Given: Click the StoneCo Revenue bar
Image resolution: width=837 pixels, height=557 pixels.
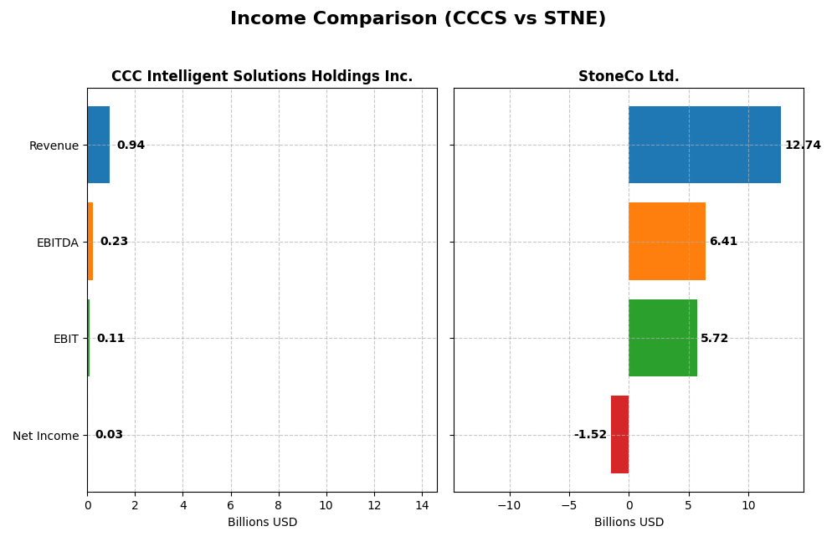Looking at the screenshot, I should coord(704,145).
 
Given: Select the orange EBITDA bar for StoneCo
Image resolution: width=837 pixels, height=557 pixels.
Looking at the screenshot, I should coord(666,241).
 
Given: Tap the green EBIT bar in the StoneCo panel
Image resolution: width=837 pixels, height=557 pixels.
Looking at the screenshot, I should coord(662,338).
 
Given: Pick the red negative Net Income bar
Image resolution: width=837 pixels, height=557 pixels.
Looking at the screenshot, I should coord(619,434).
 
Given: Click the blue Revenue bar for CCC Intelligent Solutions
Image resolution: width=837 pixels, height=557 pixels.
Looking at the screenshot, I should coord(98,145).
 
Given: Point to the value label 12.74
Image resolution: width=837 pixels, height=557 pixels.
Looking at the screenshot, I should coord(803,146).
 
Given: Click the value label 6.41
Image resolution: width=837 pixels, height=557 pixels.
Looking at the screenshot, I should coord(723,242).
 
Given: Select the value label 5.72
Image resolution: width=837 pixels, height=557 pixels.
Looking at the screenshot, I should coord(714,339).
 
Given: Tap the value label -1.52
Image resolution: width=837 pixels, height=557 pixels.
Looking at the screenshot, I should coord(590,435).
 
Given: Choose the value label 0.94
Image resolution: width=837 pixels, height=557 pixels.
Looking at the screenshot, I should coord(131,146).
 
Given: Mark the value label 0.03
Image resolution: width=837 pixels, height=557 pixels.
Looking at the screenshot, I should coord(109,435).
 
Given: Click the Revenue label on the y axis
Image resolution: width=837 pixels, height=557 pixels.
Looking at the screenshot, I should coord(54,146).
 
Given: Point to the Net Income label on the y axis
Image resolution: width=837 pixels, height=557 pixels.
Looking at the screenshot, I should coord(46,436).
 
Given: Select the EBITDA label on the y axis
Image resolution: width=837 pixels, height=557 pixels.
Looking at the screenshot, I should coord(58,243).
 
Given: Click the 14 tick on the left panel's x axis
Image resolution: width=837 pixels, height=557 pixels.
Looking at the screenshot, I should coord(422,505).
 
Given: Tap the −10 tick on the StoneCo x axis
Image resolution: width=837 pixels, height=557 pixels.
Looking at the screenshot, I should coord(509,505).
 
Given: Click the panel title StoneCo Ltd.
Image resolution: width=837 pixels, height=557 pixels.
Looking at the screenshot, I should coord(629,77).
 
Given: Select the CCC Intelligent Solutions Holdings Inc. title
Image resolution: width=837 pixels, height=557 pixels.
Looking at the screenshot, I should coord(262,77).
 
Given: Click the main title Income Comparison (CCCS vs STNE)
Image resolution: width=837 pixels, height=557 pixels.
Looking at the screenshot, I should coord(418,19).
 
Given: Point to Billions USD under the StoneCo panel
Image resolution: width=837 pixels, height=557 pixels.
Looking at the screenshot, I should coord(629,523).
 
